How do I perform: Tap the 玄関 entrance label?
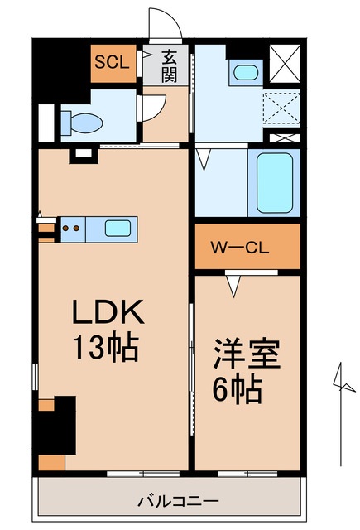point(170,65)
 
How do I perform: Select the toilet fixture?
point(80,122)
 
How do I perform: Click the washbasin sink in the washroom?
point(244,73)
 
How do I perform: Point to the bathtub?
point(275,183)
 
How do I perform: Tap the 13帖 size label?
point(108,345)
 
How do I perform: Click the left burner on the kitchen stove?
point(66,228)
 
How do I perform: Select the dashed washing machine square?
point(281,108)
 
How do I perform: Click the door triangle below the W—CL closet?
point(235,287)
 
